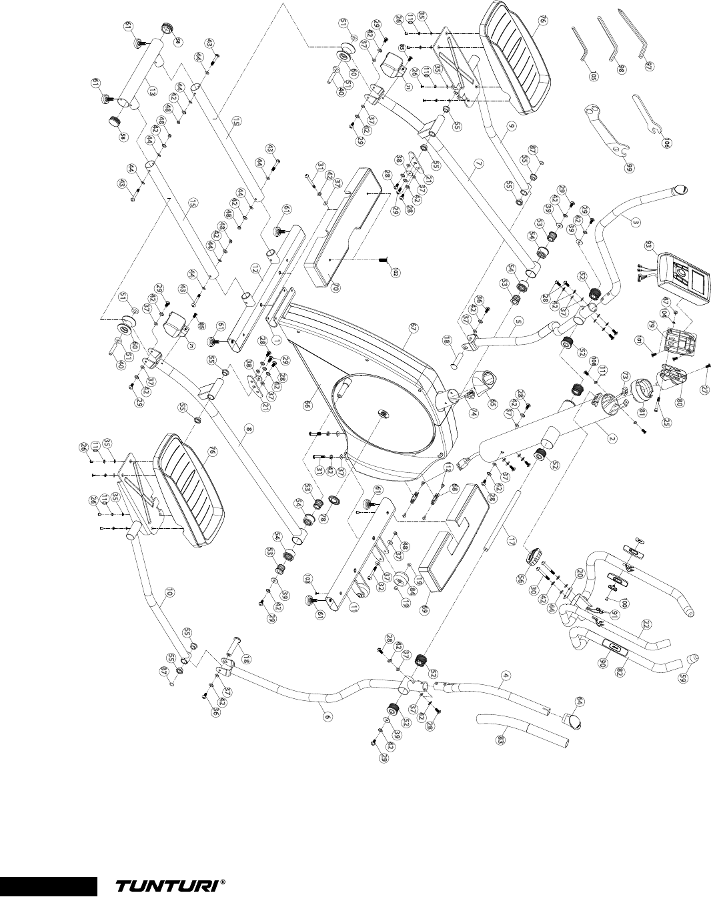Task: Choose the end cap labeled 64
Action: [574, 720]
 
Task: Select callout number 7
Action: [471, 179]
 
